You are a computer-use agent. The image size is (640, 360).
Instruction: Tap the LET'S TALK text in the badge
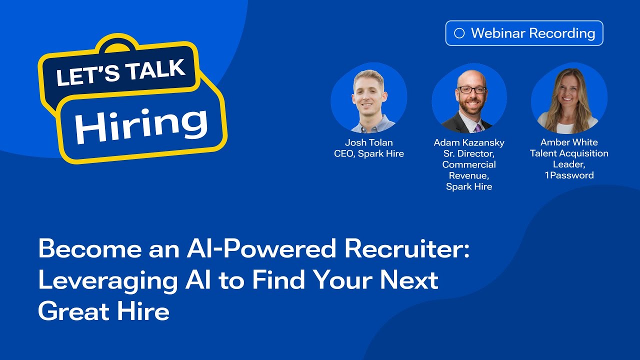(120, 70)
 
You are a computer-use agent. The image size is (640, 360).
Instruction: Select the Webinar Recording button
(524, 33)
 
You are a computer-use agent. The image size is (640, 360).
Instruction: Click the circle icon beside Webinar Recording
(459, 33)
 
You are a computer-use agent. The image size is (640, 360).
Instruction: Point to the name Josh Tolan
(368, 142)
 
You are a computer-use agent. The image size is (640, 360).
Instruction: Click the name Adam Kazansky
(469, 142)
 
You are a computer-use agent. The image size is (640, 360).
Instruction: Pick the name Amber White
(569, 142)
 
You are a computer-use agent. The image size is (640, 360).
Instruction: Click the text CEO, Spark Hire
(368, 153)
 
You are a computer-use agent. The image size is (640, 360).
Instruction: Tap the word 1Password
(569, 175)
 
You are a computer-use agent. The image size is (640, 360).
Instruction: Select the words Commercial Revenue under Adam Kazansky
(469, 170)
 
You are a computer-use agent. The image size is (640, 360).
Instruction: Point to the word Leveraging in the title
(107, 280)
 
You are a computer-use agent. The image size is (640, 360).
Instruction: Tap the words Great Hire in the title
(103, 311)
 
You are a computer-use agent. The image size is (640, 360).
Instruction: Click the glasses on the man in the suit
(471, 90)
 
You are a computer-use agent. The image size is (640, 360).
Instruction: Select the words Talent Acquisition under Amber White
(569, 153)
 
